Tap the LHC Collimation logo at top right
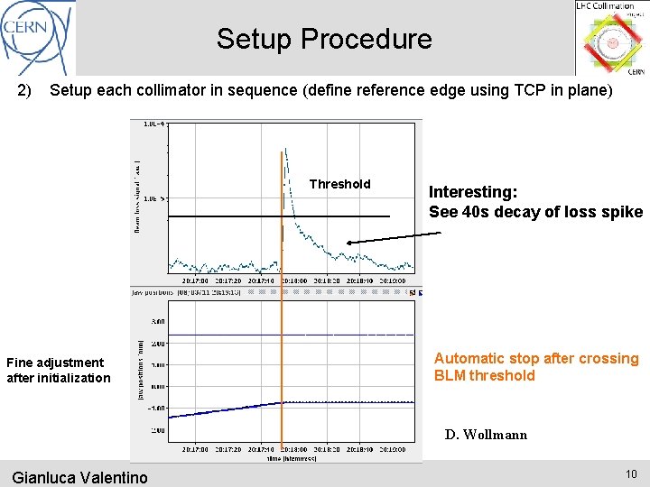611,39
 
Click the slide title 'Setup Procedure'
324,39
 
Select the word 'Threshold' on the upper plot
339,184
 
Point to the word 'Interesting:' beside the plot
473,192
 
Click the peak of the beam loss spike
285,149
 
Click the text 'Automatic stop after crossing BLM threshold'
535,367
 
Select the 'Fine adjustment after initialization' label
58,370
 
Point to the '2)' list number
24,90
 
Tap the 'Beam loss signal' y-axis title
138,197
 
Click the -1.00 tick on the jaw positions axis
157,409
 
